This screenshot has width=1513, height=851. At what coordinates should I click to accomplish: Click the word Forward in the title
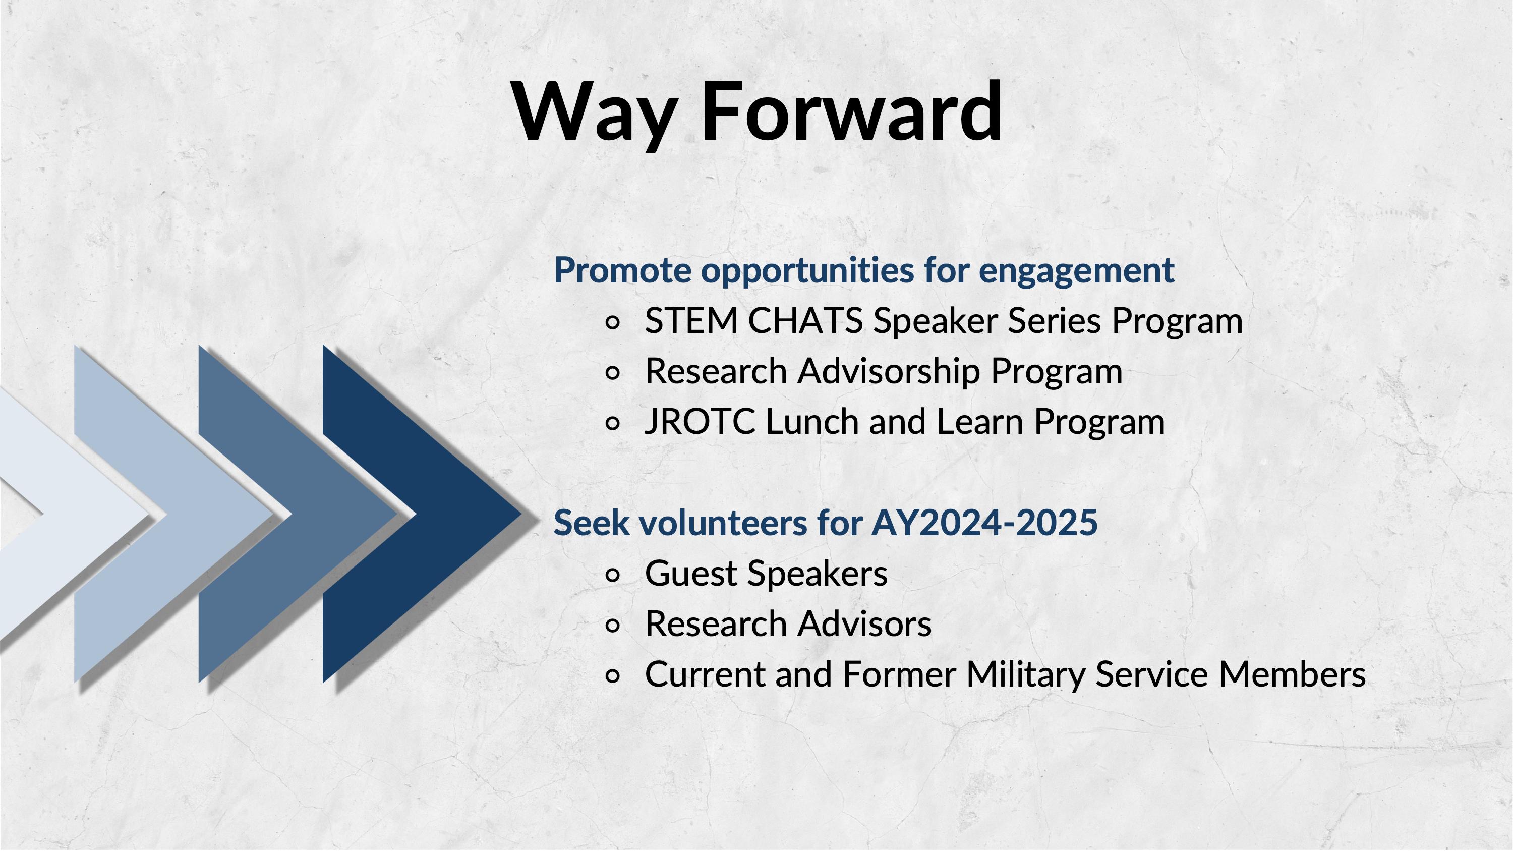(852, 111)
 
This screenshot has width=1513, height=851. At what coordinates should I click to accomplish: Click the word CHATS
(805, 321)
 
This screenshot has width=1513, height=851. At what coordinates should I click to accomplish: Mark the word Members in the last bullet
(1292, 674)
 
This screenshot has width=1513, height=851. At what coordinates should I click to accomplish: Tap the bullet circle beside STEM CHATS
(612, 322)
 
